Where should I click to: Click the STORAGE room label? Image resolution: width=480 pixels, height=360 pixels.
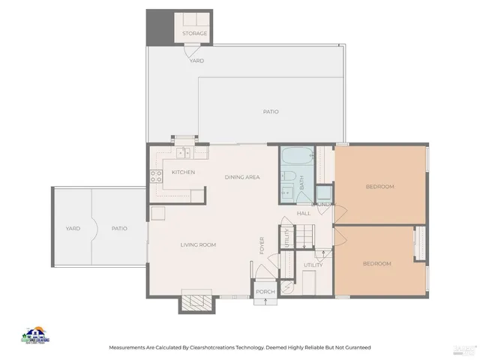point(194,34)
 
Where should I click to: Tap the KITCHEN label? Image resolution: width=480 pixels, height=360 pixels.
point(183,172)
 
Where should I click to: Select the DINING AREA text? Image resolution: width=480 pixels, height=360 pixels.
point(242,177)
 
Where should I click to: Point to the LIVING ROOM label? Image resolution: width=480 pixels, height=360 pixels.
point(198,245)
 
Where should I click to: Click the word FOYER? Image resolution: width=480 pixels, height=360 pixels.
point(262,246)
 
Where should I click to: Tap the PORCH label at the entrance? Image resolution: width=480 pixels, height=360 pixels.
point(265,292)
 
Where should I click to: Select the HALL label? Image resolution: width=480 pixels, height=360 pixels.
point(304,214)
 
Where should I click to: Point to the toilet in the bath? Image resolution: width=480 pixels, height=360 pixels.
point(287,178)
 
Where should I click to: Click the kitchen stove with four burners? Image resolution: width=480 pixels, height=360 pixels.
point(157,177)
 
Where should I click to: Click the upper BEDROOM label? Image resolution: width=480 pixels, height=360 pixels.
point(379,187)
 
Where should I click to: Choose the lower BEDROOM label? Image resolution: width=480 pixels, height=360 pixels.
point(376,264)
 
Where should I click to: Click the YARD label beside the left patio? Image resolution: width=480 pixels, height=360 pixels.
point(73,229)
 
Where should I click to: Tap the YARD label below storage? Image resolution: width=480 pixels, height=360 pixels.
point(196,61)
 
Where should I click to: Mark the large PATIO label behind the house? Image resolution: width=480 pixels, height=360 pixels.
point(271,112)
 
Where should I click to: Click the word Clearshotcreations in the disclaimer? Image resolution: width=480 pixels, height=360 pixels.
point(212,348)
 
